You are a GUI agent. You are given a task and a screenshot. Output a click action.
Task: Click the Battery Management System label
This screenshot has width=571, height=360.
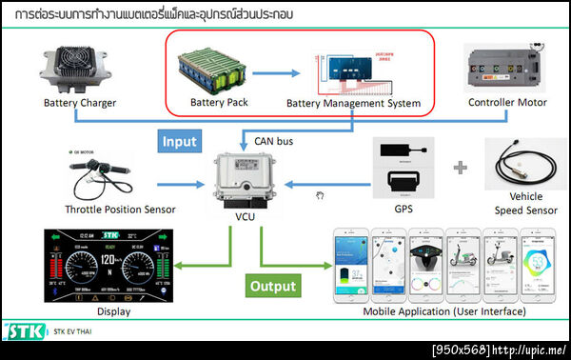click(353, 103)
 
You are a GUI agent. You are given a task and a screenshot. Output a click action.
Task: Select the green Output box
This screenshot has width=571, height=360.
click(273, 285)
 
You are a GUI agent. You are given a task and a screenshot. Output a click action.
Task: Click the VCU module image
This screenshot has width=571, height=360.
click(241, 179)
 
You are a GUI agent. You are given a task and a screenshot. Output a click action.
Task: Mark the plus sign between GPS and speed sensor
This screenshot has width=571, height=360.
click(460, 168)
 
